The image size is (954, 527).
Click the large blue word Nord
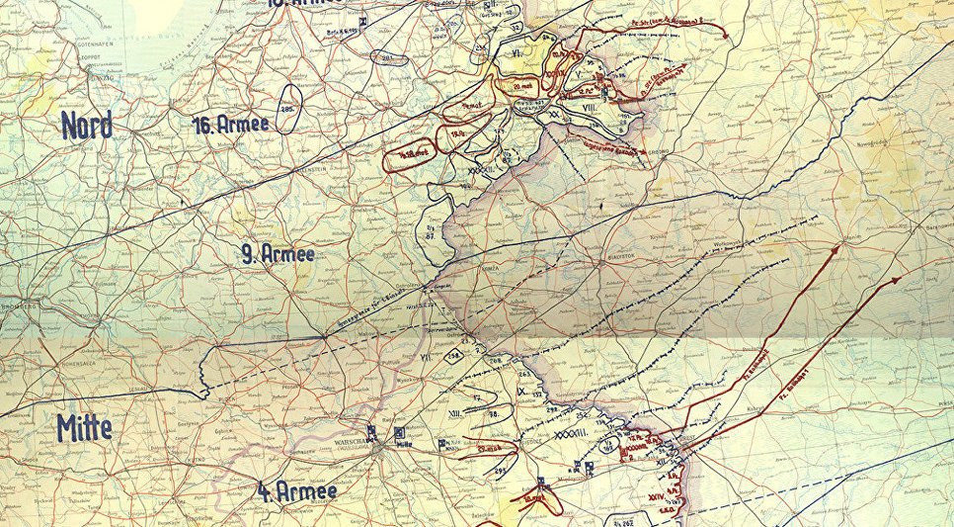point(86,126)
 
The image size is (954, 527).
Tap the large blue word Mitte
point(84,427)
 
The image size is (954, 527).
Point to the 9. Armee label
point(278,254)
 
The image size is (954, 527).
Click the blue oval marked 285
point(290,112)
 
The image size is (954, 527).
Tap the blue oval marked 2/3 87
point(433,233)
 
